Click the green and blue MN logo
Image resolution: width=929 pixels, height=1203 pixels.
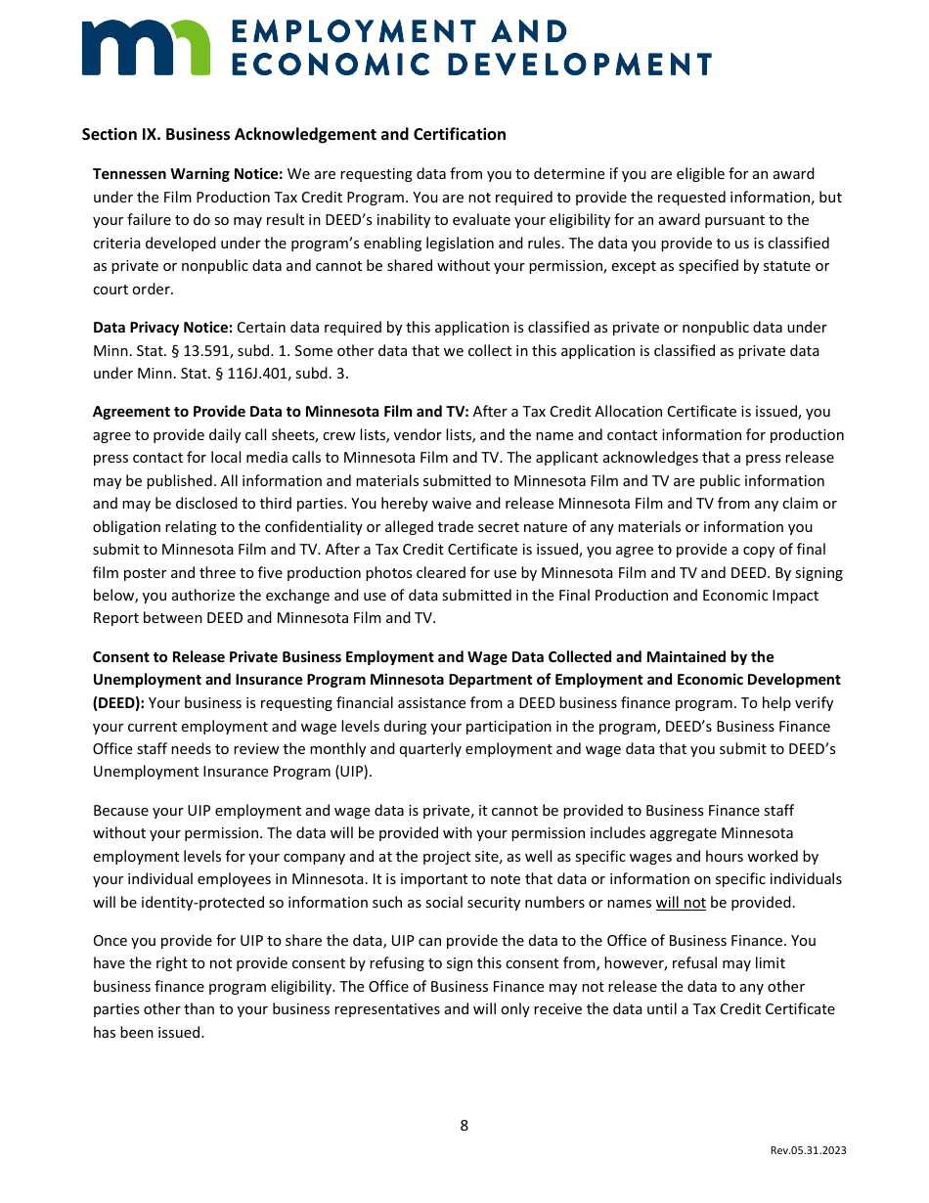[146, 46]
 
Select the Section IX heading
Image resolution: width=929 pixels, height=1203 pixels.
[293, 134]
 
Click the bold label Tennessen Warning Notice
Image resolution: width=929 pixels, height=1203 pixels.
[188, 174]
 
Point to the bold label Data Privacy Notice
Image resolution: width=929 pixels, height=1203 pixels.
[162, 328]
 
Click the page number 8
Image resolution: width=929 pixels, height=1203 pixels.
[464, 1126]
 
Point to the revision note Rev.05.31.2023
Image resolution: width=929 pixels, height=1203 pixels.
[808, 1150]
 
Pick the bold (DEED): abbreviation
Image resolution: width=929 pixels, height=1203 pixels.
[118, 703]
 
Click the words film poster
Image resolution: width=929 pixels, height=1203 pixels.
[135, 573]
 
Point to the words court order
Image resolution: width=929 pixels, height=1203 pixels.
[134, 290]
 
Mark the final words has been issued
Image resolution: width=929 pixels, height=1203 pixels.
[149, 1032]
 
